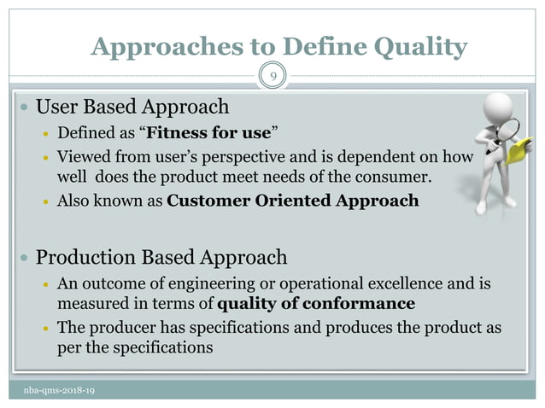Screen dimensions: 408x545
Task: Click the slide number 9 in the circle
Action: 272,76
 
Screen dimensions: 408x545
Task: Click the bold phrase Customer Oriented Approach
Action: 293,201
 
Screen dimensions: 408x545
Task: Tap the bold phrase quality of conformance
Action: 317,303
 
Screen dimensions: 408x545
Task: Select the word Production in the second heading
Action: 85,257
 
